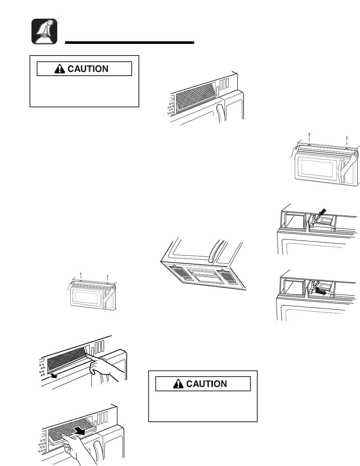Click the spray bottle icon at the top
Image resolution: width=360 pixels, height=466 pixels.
[44, 32]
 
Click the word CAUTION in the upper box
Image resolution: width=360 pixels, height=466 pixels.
[88, 69]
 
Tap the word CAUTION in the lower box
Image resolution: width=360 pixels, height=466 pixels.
[207, 384]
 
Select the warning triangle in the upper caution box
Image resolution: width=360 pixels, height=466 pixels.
[60, 69]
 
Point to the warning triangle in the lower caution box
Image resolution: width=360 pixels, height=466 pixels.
[179, 384]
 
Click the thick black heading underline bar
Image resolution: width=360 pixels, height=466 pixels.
[129, 42]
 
